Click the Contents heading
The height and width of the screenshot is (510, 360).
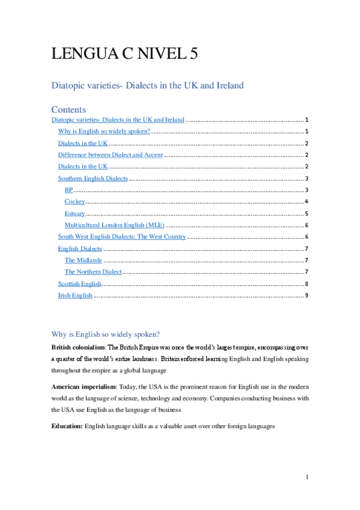(69, 109)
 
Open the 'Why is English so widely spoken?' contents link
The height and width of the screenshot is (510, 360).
(103, 131)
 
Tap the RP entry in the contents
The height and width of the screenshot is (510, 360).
(69, 190)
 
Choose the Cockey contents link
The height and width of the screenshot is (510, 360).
(75, 201)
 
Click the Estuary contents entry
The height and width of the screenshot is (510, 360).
(75, 214)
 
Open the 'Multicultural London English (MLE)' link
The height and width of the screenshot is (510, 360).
(114, 225)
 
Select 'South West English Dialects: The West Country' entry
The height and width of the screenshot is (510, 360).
(122, 237)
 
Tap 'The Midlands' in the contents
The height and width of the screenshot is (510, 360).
(84, 260)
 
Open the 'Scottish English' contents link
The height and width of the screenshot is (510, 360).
(79, 283)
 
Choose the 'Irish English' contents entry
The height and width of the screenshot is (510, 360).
(75, 295)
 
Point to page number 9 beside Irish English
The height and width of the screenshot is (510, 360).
(307, 295)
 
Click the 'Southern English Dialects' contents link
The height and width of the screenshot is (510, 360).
(93, 178)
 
